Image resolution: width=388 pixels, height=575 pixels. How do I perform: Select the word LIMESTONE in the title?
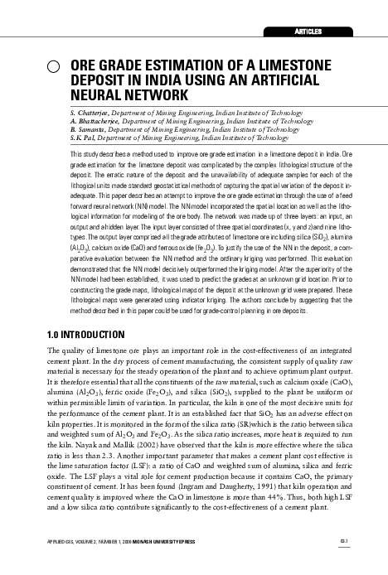(x=280, y=65)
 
